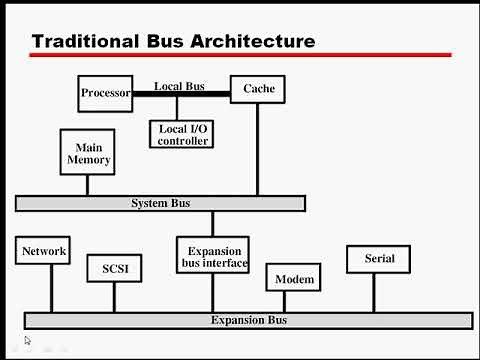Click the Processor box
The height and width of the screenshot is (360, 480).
pos(106,93)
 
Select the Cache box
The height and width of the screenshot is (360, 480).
pos(258,89)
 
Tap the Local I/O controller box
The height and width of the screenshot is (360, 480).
pos(183,134)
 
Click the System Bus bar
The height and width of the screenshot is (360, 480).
pos(160,204)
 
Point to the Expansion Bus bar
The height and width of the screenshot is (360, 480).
pos(248,320)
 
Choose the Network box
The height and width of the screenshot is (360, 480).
pos(44,251)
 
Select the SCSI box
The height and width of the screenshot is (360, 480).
pos(115,269)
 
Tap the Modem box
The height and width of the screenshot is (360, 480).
pos(295,279)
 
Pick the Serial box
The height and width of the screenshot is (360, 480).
pos(378,259)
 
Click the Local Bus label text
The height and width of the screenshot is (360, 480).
pos(179,86)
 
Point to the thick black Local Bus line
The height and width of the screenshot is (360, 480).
pos(181,94)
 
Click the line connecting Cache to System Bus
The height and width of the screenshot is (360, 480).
pos(258,150)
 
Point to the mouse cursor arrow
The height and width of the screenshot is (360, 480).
pos(28,341)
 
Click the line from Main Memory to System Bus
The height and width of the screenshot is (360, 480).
pos(87,186)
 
